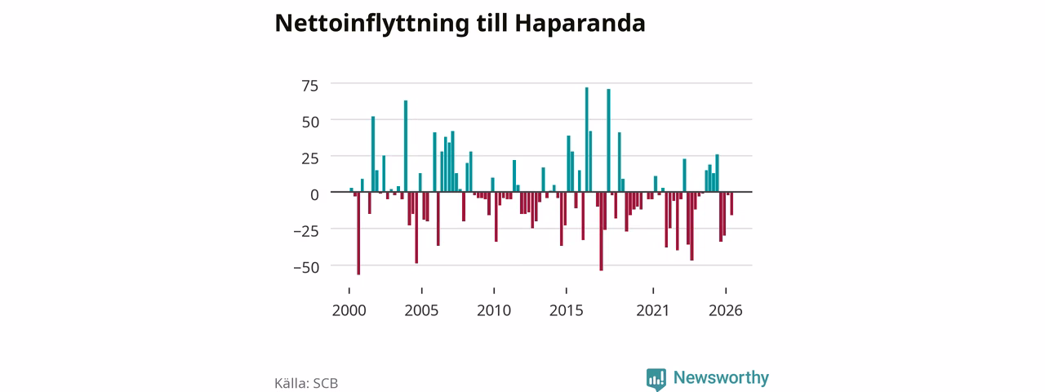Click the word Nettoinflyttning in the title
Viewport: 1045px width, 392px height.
tap(371, 24)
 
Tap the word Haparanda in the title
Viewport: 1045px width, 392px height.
tap(580, 24)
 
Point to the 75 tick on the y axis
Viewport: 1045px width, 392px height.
tap(309, 86)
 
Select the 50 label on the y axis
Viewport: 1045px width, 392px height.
tap(310, 122)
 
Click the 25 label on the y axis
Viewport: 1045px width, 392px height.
tap(309, 158)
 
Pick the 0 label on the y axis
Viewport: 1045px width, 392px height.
tap(315, 195)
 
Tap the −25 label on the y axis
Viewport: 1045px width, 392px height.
tap(306, 231)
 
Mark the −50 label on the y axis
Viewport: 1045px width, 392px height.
tap(306, 268)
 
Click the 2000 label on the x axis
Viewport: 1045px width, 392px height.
tap(349, 311)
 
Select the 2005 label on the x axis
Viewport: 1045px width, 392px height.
tap(421, 311)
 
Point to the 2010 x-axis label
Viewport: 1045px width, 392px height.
tap(494, 311)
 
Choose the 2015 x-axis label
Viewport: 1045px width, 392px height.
tap(566, 311)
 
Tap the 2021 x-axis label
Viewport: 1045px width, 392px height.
tap(652, 311)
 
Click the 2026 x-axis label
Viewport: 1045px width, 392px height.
tap(726, 311)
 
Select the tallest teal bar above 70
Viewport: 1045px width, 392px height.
tap(586, 140)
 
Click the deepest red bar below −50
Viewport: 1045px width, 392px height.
tap(358, 234)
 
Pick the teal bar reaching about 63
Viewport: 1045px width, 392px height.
tap(406, 146)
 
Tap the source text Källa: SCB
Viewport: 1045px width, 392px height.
tap(306, 383)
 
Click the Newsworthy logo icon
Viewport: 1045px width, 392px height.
tap(656, 379)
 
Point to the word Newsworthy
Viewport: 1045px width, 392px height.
tap(721, 377)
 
